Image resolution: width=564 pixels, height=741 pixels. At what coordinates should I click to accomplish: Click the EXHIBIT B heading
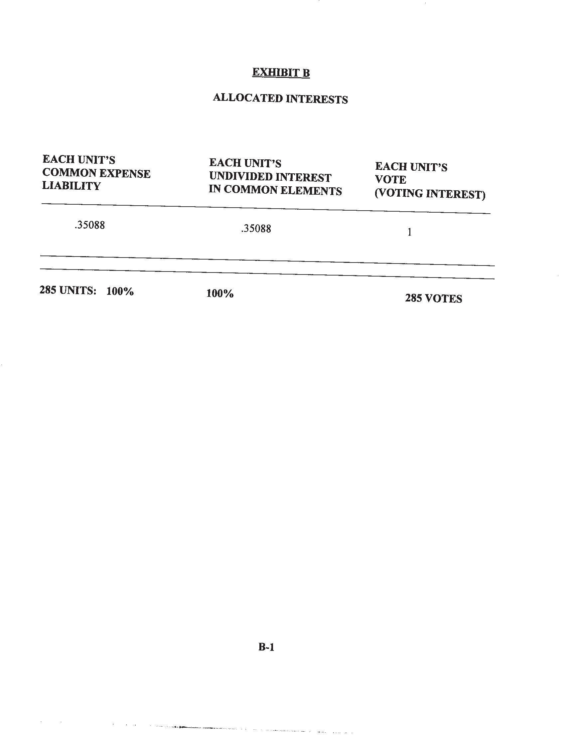(281, 73)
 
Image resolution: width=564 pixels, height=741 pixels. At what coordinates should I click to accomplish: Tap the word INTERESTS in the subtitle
(317, 99)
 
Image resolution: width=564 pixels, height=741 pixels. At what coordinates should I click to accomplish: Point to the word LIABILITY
(71, 186)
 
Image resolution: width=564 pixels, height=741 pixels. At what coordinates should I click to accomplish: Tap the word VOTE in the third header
(390, 180)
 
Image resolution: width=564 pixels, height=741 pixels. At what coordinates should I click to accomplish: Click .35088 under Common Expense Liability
(90, 225)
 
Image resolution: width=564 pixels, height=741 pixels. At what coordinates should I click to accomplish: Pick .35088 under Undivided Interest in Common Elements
(256, 229)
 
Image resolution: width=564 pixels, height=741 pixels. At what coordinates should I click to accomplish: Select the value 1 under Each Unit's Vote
(409, 232)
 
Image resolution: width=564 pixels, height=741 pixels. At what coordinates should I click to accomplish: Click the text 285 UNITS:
(68, 290)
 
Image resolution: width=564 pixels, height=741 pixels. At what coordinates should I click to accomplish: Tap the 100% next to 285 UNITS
(120, 291)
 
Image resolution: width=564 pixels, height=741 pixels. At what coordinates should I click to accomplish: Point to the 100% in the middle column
(220, 293)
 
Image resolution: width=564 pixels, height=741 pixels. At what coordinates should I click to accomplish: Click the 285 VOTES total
(433, 298)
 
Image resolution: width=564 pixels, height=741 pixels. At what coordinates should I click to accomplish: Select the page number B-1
(266, 647)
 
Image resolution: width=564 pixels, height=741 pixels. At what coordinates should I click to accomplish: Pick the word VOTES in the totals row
(443, 298)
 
